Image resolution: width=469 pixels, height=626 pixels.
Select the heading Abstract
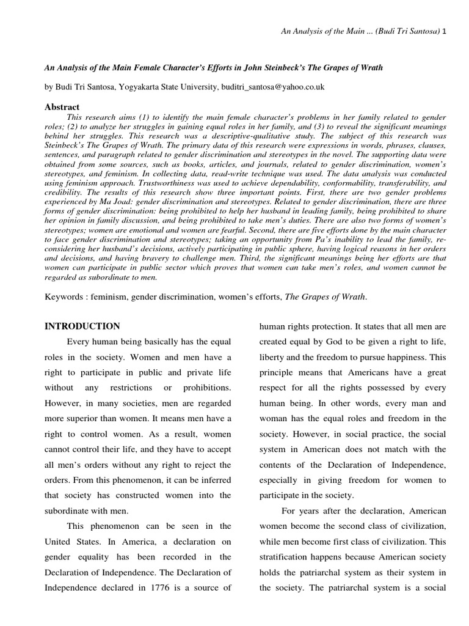62,107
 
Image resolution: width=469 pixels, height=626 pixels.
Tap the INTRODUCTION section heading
82,326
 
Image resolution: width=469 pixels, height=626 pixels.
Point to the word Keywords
65,296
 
